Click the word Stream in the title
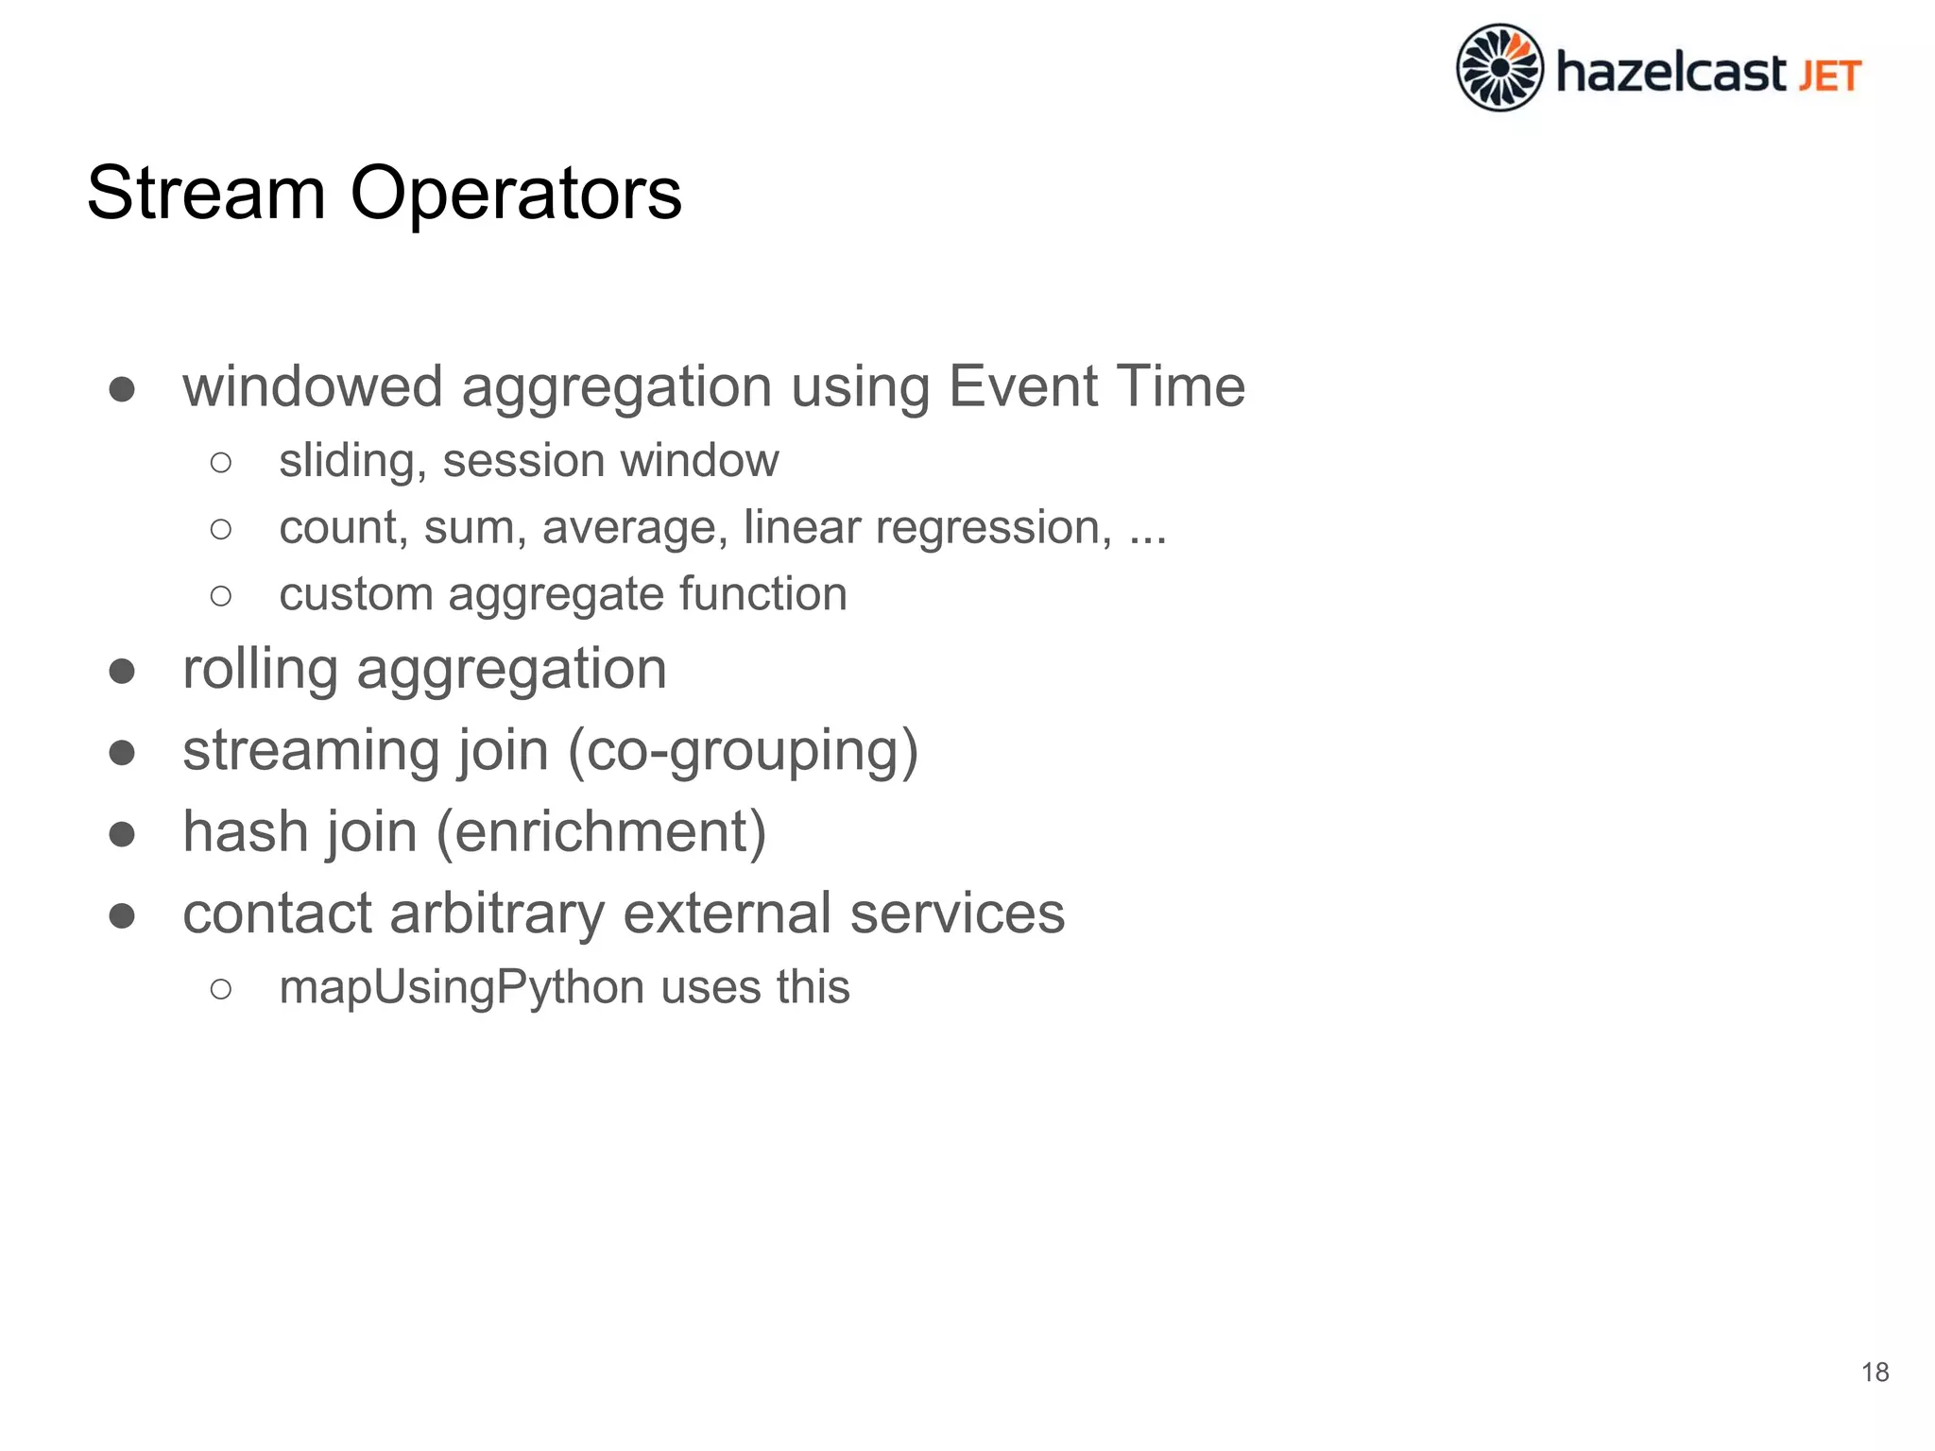pos(206,193)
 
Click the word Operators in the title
pos(516,193)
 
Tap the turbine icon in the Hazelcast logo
pos(1499,68)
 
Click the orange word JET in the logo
pos(1830,76)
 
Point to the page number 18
pos(1875,1372)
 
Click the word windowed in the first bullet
pos(313,386)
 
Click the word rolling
pos(260,669)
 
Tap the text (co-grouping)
pos(743,751)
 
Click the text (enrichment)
pos(600,832)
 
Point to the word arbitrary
pos(497,913)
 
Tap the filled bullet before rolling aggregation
pos(122,671)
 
